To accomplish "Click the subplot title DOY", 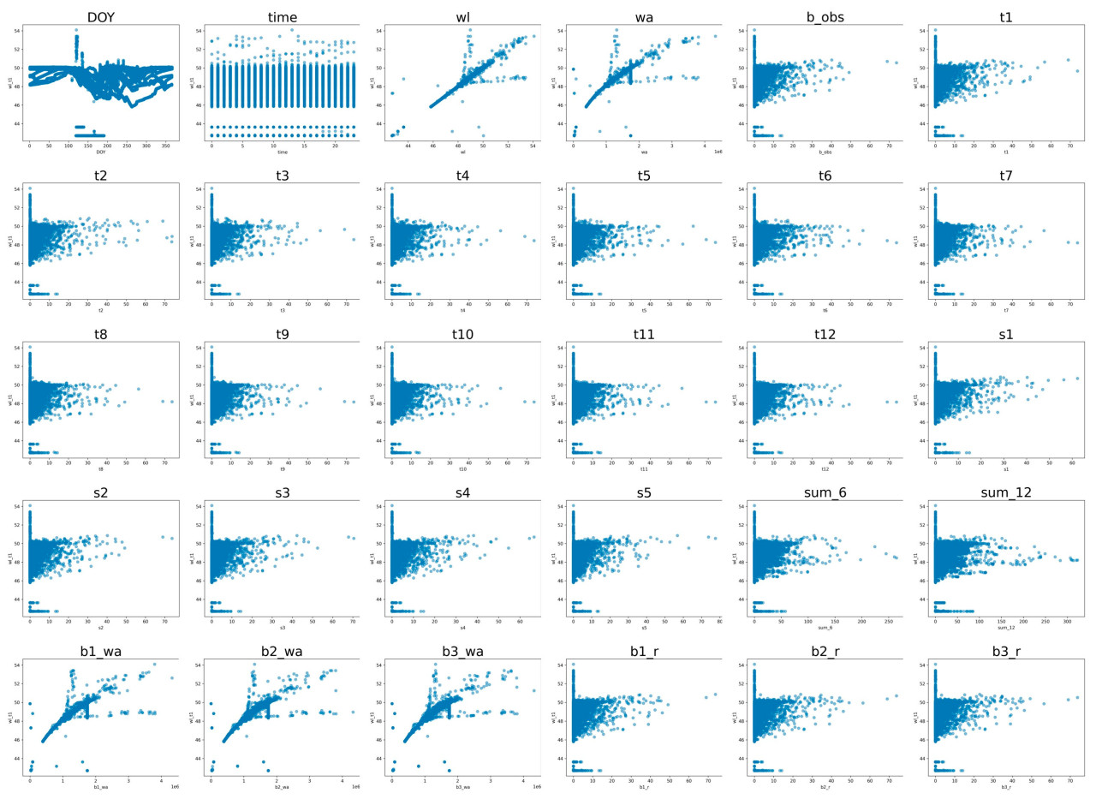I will pyautogui.click(x=100, y=17).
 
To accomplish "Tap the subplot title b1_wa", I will pyautogui.click(x=100, y=652).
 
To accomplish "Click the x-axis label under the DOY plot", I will pyautogui.click(x=100, y=152).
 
